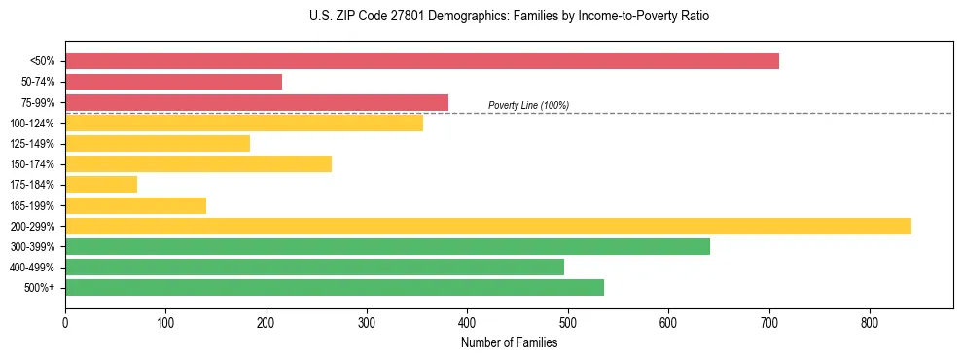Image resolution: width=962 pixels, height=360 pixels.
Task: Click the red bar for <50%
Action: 422,61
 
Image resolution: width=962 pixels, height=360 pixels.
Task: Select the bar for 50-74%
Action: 173,82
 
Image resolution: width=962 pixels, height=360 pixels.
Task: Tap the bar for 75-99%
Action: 257,102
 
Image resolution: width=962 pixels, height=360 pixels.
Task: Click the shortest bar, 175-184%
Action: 101,185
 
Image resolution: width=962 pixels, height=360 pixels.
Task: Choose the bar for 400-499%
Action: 314,267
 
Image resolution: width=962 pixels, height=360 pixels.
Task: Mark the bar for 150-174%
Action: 198,163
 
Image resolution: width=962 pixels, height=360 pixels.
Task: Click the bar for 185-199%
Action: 135,205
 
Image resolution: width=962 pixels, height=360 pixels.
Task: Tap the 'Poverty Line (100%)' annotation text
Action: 528,105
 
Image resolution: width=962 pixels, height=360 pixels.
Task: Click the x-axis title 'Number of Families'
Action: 509,342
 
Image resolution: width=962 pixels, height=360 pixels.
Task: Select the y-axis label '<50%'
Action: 42,61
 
